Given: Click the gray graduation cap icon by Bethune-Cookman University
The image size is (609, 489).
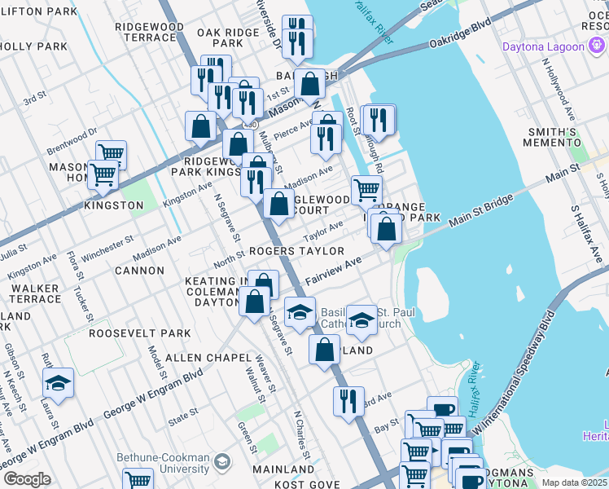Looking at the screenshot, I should click(x=221, y=464).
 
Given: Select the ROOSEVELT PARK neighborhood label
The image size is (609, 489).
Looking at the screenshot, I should click(x=140, y=333).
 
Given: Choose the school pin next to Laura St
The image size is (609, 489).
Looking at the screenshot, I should click(x=58, y=383).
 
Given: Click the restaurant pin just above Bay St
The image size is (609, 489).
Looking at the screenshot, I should click(x=348, y=402).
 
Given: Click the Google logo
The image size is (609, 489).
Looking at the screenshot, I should click(x=27, y=479).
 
